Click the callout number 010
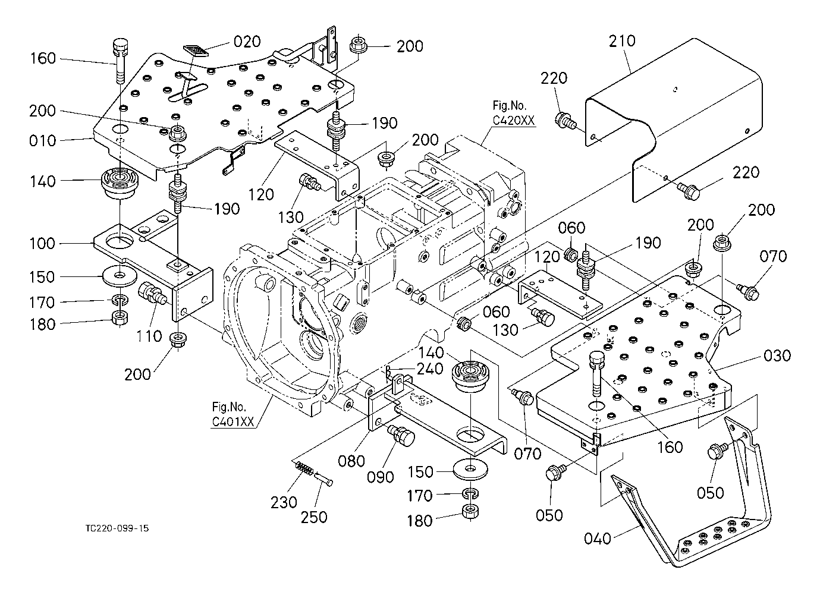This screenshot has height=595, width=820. click(x=43, y=141)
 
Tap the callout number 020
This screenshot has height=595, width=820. click(x=247, y=41)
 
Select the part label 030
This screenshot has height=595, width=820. click(x=777, y=355)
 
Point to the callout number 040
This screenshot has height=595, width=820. click(x=597, y=539)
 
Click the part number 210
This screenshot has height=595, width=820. click(x=622, y=41)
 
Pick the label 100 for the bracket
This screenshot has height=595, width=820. click(x=43, y=243)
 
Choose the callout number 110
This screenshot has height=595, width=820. click(x=149, y=336)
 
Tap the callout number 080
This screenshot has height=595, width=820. click(x=352, y=461)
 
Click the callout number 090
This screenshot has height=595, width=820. click(x=381, y=477)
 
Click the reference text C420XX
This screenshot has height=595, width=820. click(x=514, y=120)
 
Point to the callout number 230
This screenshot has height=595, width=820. click(x=284, y=502)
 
